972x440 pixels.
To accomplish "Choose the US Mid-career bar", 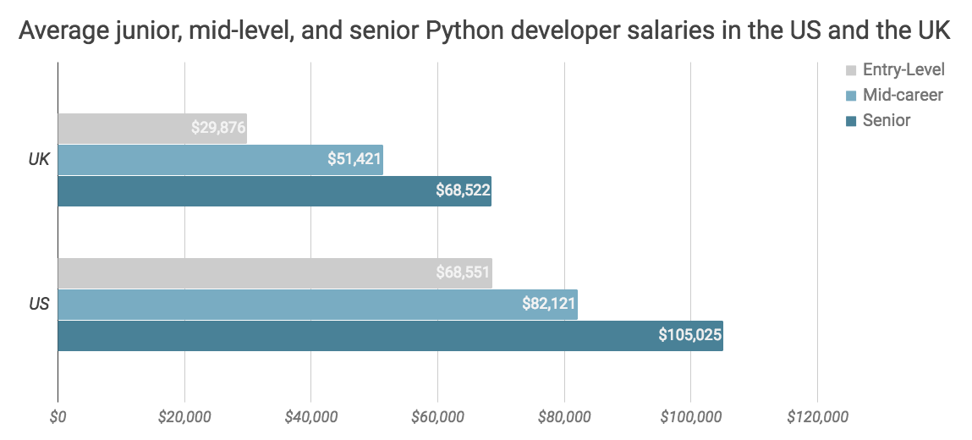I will point(288,305).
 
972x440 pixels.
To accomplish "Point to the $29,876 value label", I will point(218,129).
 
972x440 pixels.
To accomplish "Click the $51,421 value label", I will point(354,160).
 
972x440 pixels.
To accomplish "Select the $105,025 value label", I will point(690,336).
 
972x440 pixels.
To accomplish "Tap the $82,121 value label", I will point(549,305).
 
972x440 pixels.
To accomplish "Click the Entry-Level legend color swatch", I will point(850,70).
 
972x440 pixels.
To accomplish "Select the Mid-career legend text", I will point(903,95).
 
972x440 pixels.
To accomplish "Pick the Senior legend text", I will point(887,120).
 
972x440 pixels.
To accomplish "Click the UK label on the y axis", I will point(39,160).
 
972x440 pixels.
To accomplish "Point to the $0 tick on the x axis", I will point(58,416).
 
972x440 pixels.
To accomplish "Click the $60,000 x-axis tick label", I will point(437,416).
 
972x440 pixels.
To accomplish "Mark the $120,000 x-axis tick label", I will point(817,416).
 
